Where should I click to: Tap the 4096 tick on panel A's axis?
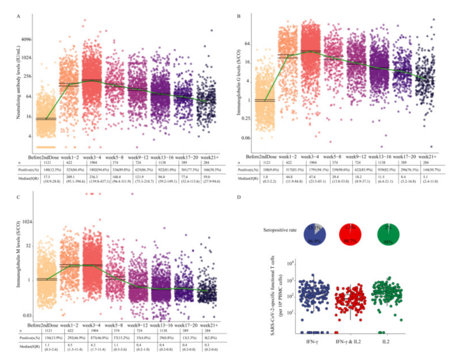coord(26,39)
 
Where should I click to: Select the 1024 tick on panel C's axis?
coord(26,222)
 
